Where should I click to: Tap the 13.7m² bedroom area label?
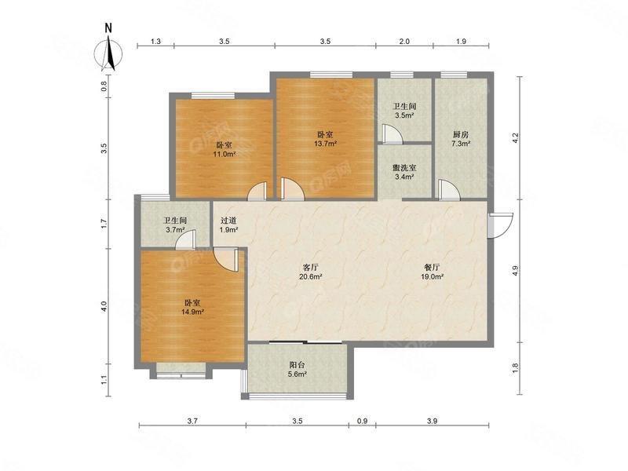coord(325,139)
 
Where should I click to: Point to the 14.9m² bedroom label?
coord(192,307)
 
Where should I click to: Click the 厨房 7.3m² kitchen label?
coord(462,139)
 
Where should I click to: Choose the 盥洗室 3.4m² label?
coord(404,172)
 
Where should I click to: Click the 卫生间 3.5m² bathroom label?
coord(404,111)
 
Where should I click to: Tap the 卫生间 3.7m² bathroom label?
coord(174,226)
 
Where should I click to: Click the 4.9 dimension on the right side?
coord(515,271)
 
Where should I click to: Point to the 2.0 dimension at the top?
coord(403,41)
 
